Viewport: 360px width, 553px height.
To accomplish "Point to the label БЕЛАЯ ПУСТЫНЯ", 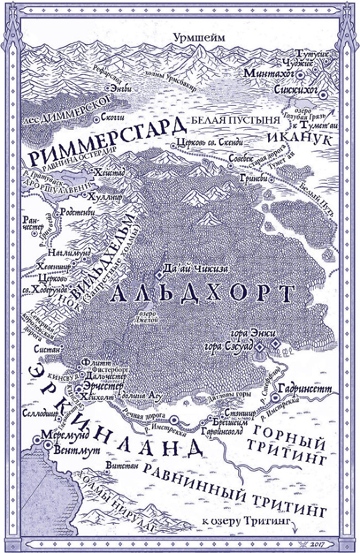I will click(227, 119).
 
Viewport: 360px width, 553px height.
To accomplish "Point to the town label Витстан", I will click(122, 467).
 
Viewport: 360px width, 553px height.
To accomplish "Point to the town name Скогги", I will click(113, 118).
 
